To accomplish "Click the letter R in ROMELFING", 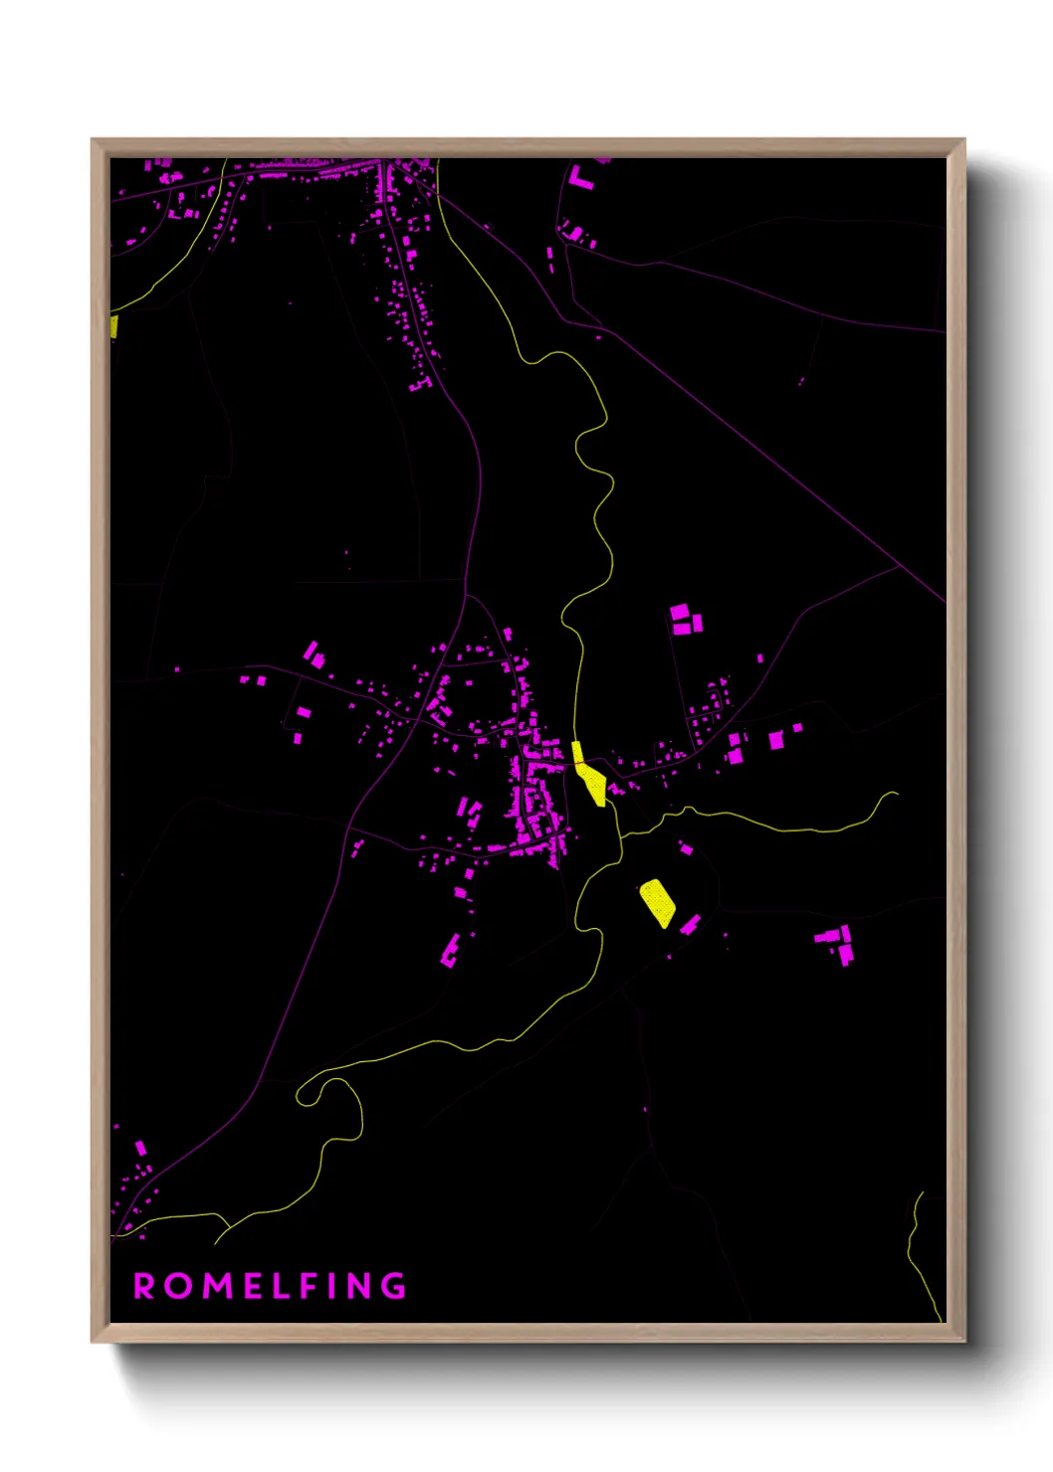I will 143,1286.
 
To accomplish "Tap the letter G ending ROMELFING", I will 395,1286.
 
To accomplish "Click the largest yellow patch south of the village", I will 657,902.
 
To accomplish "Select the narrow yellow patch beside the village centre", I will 589,773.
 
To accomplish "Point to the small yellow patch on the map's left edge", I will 113,326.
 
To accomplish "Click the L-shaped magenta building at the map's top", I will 578,179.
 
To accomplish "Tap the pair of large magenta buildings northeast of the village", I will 686,619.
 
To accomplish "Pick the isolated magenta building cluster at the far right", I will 838,944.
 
